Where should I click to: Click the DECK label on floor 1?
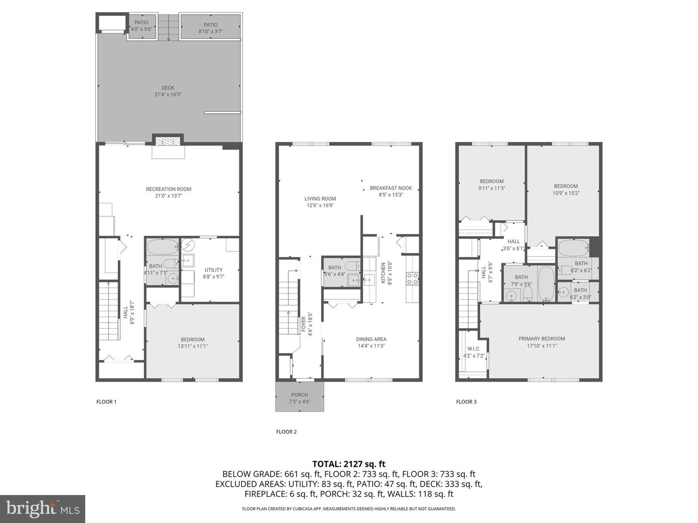(168, 88)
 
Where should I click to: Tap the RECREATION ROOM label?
(169, 189)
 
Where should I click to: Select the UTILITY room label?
(214, 270)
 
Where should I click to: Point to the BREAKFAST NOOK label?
(391, 188)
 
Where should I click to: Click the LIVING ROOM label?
(320, 199)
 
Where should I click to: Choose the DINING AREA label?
(371, 339)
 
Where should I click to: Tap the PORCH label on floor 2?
(300, 395)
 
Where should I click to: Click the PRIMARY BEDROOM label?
(542, 339)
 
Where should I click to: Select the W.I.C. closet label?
(474, 349)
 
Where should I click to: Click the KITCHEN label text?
(383, 273)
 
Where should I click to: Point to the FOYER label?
(303, 324)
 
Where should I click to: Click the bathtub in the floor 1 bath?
(163, 247)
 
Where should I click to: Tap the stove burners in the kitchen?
(412, 278)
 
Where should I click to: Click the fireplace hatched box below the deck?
(168, 141)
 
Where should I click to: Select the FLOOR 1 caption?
(107, 402)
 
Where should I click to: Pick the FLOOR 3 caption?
(466, 402)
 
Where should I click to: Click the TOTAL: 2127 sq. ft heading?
(349, 464)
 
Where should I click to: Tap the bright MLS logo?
(43, 509)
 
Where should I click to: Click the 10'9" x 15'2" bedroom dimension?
(566, 193)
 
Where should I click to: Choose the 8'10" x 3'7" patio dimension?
(210, 31)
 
